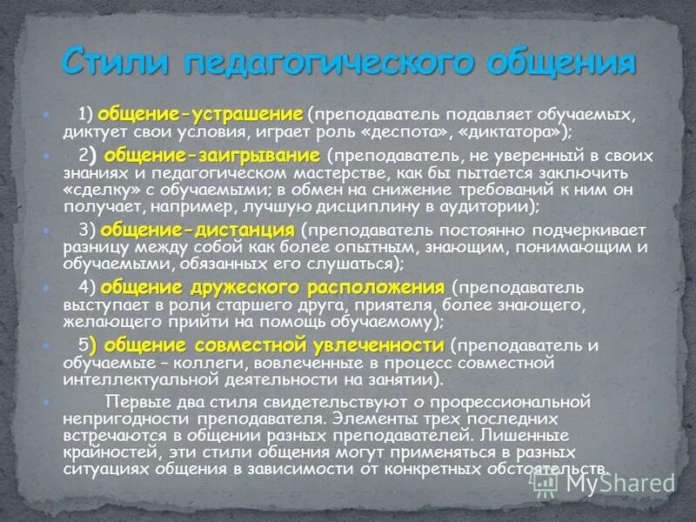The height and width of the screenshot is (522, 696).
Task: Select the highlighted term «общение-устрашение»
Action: [200, 115]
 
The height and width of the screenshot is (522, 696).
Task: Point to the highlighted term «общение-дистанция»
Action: [197, 231]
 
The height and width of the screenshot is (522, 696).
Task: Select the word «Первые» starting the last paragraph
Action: [134, 401]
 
